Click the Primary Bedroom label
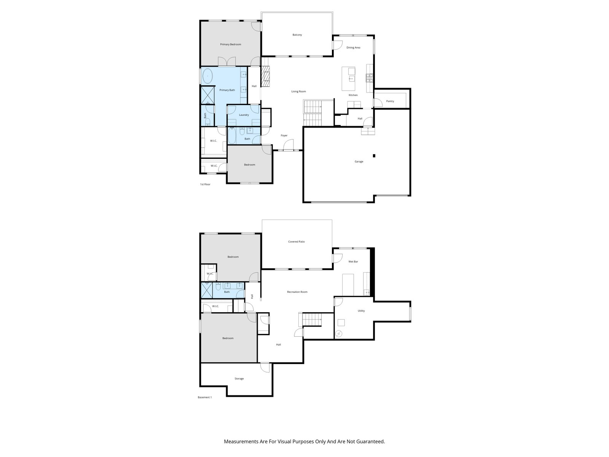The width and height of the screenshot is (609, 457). pos(230,45)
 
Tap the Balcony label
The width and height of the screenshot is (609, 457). pos(297,35)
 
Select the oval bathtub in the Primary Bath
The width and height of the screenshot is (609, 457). pos(207,76)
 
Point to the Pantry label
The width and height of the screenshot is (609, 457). pos(390,101)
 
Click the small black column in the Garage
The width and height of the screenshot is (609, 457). pos(374,156)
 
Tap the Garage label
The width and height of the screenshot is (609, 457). pos(359,161)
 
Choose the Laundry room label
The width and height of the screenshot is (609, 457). pos(244,115)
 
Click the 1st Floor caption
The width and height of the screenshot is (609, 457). pos(205,184)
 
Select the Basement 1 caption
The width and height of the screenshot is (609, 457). pos(204,397)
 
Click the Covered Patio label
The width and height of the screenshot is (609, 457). pos(296,242)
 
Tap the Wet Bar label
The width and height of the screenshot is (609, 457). pos(353,262)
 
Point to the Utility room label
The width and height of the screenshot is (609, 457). pos(361,311)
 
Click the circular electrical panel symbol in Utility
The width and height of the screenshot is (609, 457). pos(339,334)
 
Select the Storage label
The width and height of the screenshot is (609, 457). pos(239,379)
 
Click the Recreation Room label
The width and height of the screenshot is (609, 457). pos(297,292)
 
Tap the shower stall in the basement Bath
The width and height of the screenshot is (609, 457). pos(207,290)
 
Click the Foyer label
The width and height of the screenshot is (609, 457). pos(284,136)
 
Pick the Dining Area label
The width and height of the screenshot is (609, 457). pos(353,48)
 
